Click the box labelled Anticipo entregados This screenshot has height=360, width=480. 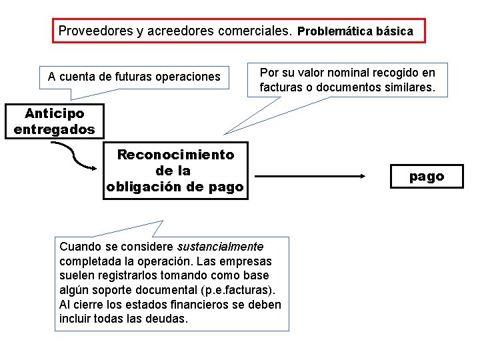(55, 121)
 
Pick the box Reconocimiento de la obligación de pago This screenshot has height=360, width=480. (175, 171)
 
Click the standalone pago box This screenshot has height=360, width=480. (427, 177)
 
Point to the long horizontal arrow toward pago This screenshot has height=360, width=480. (310, 177)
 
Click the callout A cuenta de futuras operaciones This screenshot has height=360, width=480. (134, 77)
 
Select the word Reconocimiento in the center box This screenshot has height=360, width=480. (175, 155)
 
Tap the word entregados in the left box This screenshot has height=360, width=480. (55, 129)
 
